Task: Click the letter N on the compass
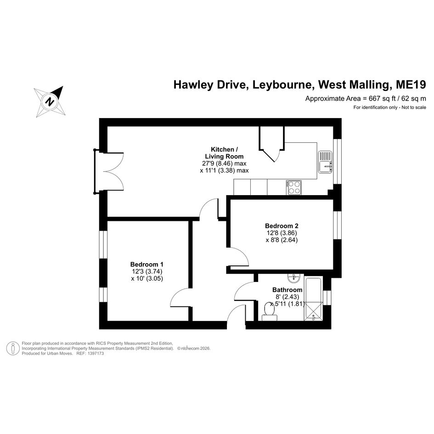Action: point(50,101)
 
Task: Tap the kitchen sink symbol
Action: point(325,162)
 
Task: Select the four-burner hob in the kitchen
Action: point(294,187)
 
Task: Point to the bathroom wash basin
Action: point(293,278)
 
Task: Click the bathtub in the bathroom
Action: point(313,299)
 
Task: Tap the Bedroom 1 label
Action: point(147,264)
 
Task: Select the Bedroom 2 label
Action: point(282,226)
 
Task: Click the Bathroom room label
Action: point(287,290)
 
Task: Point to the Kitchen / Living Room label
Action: point(224,153)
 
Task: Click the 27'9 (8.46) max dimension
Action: point(224,163)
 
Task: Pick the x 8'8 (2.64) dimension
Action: point(282,240)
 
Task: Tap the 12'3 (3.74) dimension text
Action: point(147,271)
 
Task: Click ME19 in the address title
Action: point(411,85)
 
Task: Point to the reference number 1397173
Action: point(95,354)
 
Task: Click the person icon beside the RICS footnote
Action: point(13,348)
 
